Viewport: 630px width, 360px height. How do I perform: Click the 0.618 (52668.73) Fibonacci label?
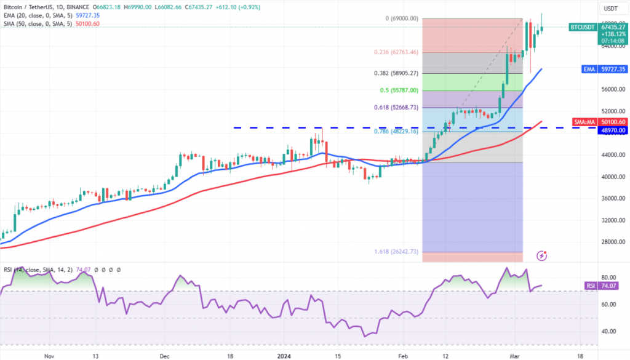click(x=396, y=108)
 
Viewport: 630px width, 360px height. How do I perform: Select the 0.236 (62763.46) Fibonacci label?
click(x=396, y=52)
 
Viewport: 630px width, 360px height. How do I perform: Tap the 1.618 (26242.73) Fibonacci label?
click(x=396, y=252)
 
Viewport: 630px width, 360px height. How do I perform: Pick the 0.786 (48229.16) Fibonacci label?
click(x=396, y=131)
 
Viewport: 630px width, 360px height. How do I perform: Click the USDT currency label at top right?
click(x=611, y=9)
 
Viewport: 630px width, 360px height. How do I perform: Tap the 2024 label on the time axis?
click(x=284, y=355)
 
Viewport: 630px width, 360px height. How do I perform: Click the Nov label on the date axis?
click(x=50, y=355)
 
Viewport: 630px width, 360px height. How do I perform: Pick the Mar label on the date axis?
click(x=515, y=355)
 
